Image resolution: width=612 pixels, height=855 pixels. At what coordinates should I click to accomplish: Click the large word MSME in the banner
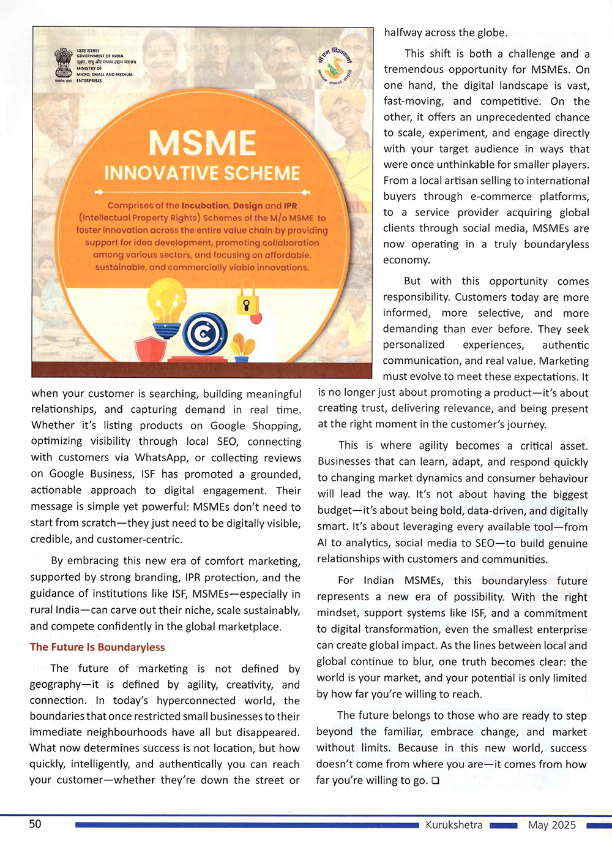click(202, 143)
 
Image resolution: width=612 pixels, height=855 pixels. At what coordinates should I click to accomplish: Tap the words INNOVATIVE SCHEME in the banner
click(202, 173)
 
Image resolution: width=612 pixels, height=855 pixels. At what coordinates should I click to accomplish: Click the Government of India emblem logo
click(64, 64)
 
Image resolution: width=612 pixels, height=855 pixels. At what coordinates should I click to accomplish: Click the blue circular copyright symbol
click(206, 334)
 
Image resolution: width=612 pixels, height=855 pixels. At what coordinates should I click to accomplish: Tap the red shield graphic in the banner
click(150, 350)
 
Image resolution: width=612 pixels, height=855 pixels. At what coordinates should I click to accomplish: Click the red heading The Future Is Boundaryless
click(97, 647)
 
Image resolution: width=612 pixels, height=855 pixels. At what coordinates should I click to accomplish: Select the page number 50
click(35, 824)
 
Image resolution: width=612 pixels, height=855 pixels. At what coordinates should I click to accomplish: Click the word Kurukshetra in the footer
click(454, 825)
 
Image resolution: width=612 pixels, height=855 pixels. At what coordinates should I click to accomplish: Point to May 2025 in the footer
click(552, 825)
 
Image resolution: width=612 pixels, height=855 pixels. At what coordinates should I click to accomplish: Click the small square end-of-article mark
click(435, 781)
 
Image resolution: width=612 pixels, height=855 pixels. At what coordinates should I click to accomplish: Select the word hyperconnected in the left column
click(196, 701)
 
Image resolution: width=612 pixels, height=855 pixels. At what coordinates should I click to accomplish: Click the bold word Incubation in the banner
click(205, 206)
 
